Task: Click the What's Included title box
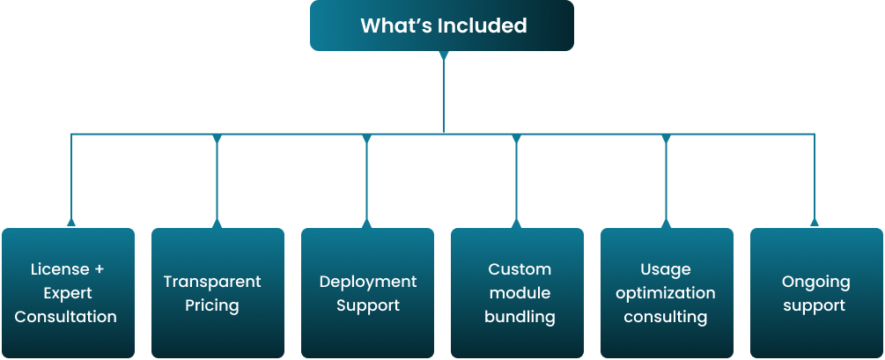click(x=442, y=26)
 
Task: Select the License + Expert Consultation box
click(x=68, y=292)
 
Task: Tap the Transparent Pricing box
click(x=217, y=292)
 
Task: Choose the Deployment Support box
click(x=367, y=292)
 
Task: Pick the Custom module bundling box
click(x=517, y=292)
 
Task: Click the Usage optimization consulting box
click(x=667, y=292)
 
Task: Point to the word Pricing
click(x=212, y=305)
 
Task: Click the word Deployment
click(x=368, y=282)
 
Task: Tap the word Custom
click(x=520, y=269)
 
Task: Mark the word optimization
click(x=666, y=293)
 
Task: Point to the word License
click(x=60, y=269)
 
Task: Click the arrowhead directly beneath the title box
click(x=444, y=56)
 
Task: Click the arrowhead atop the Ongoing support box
click(x=814, y=223)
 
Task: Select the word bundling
click(x=520, y=317)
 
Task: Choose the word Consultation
click(x=66, y=317)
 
